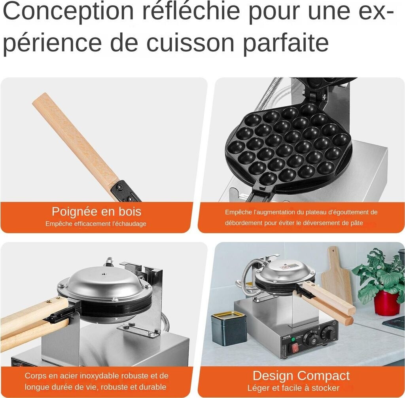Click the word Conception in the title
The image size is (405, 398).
pyautogui.click(x=68, y=11)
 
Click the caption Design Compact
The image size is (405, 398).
pyautogui.click(x=301, y=376)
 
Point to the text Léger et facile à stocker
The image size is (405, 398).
pyautogui.click(x=293, y=388)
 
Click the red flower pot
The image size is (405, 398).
pyautogui.click(x=386, y=303)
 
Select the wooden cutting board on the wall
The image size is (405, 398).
pyautogui.click(x=336, y=275)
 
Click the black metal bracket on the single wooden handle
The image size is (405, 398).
pyautogui.click(x=125, y=191)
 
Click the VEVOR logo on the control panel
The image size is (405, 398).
pyautogui.click(x=287, y=337)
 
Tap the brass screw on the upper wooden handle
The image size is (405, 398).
pyautogui.click(x=48, y=301)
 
